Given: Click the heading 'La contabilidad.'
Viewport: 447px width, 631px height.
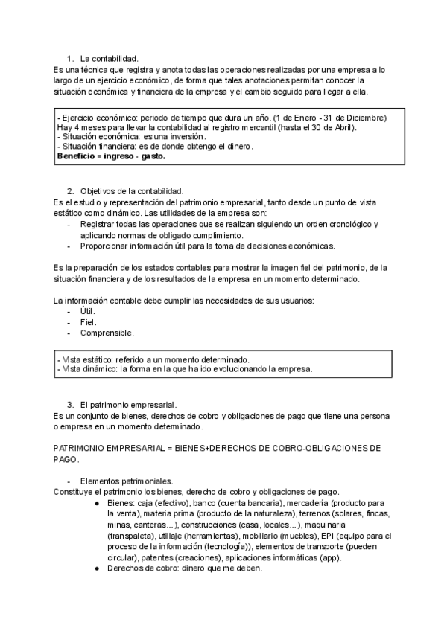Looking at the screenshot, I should (109, 58).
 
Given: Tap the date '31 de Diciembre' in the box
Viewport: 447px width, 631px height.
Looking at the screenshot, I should (358, 118).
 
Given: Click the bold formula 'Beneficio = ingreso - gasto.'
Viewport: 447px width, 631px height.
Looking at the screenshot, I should (111, 156).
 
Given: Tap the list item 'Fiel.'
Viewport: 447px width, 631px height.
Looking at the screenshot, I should (88, 322).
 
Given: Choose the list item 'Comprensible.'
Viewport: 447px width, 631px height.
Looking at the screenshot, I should (107, 333).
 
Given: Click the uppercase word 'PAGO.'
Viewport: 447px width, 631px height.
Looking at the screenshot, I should (66, 460).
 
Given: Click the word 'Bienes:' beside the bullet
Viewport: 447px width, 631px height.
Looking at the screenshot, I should (122, 503).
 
